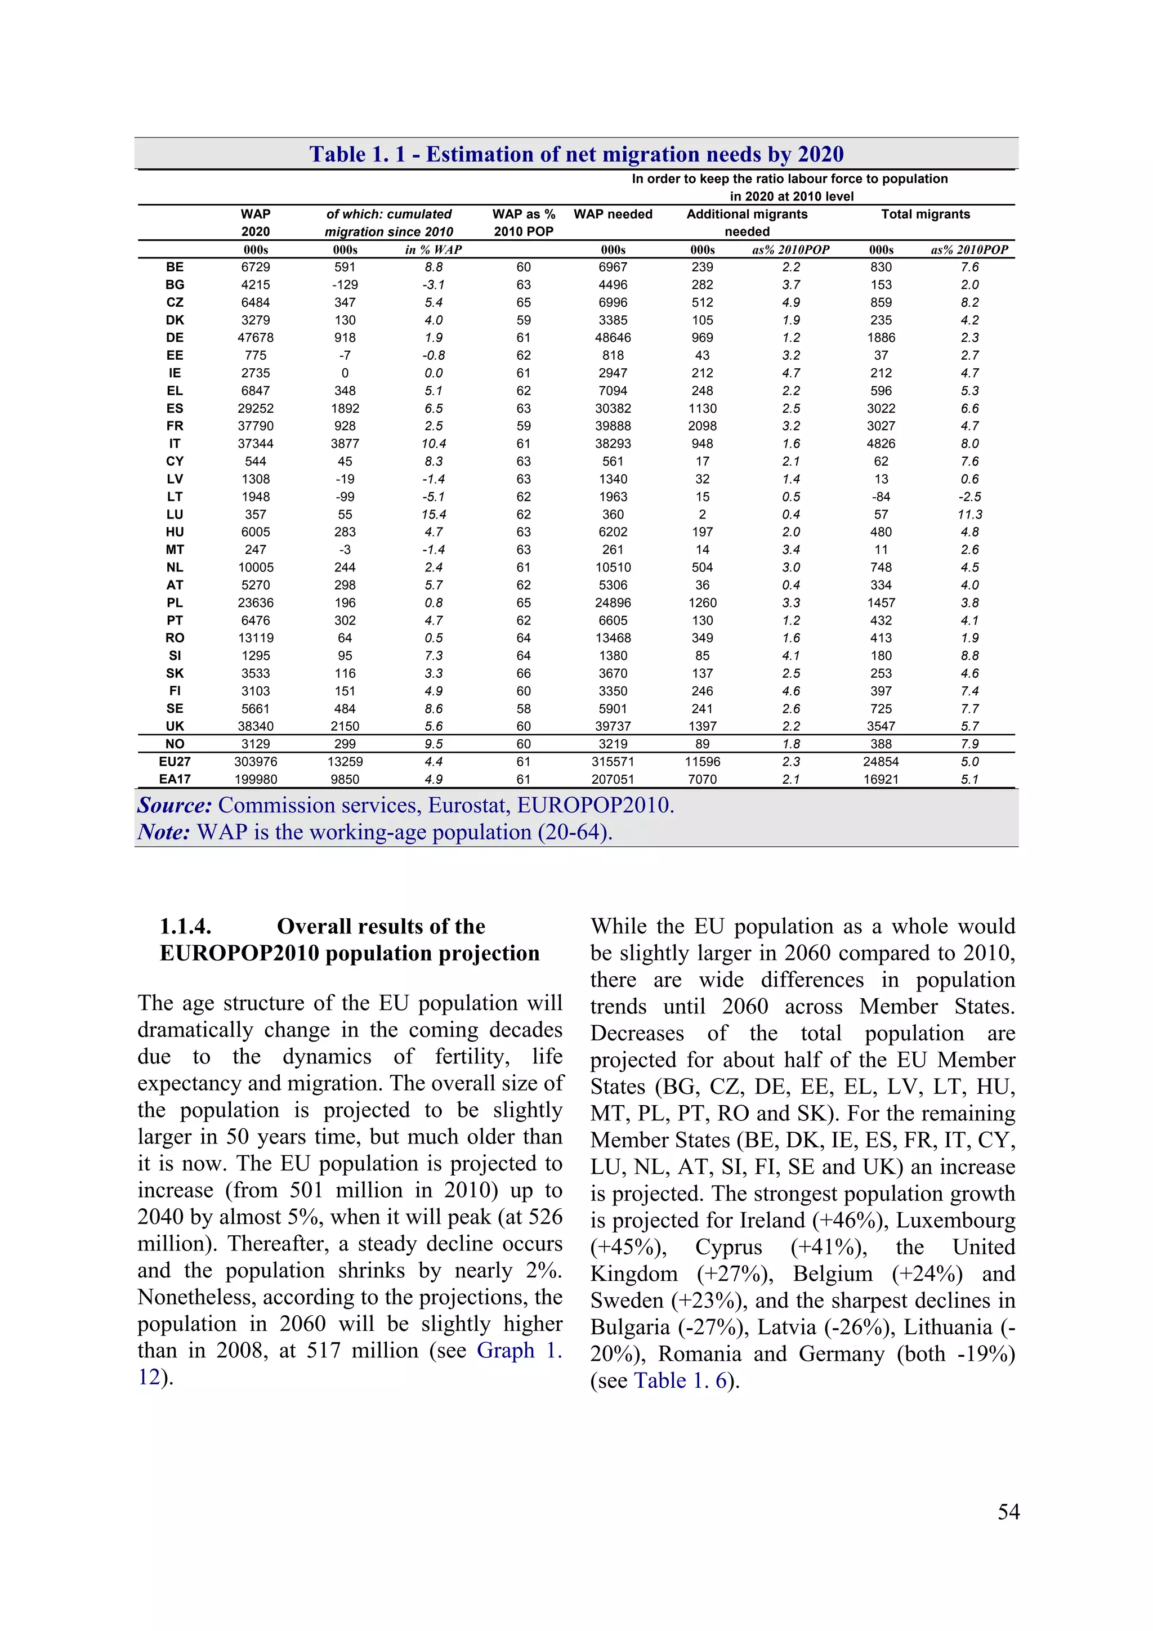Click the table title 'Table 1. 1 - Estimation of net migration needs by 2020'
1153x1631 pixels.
click(x=576, y=154)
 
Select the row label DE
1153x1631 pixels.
click(x=175, y=337)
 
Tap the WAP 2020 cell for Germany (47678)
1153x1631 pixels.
click(x=255, y=337)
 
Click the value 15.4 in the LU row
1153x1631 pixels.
click(x=434, y=515)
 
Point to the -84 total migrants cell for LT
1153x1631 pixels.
click(x=881, y=497)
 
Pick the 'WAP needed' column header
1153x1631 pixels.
click(x=613, y=214)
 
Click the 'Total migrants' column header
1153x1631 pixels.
click(x=925, y=214)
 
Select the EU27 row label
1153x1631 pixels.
click(x=175, y=762)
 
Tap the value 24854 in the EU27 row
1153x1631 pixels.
click(x=881, y=762)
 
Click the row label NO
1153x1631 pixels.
click(x=175, y=744)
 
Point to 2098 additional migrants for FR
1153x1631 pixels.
click(x=702, y=426)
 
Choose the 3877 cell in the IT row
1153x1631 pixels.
click(x=345, y=443)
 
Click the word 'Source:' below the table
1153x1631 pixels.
click(x=175, y=806)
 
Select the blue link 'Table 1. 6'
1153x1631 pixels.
click(x=680, y=1380)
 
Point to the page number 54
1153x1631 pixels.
click(x=1008, y=1512)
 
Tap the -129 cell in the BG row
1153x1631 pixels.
click(x=345, y=284)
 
